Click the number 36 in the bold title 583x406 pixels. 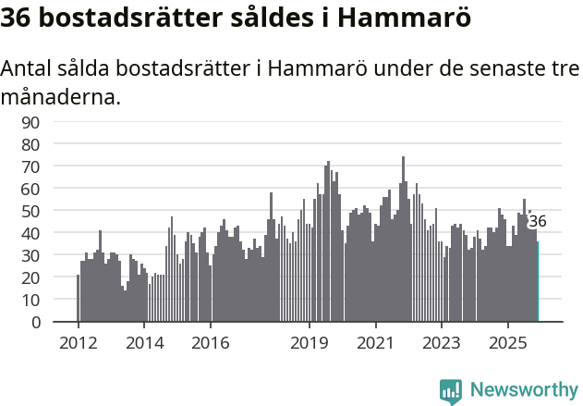[x=20, y=18]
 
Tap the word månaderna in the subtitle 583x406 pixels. [x=61, y=96]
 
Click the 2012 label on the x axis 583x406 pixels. [x=78, y=344]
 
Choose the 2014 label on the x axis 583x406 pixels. [x=144, y=344]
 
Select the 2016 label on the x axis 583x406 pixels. [x=211, y=344]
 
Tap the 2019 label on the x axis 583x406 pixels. [x=310, y=344]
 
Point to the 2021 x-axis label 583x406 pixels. [x=375, y=344]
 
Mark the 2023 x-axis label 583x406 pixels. [x=442, y=344]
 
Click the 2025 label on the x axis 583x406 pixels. [x=507, y=344]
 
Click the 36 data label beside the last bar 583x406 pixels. [x=538, y=222]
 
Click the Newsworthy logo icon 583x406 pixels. [x=451, y=390]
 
